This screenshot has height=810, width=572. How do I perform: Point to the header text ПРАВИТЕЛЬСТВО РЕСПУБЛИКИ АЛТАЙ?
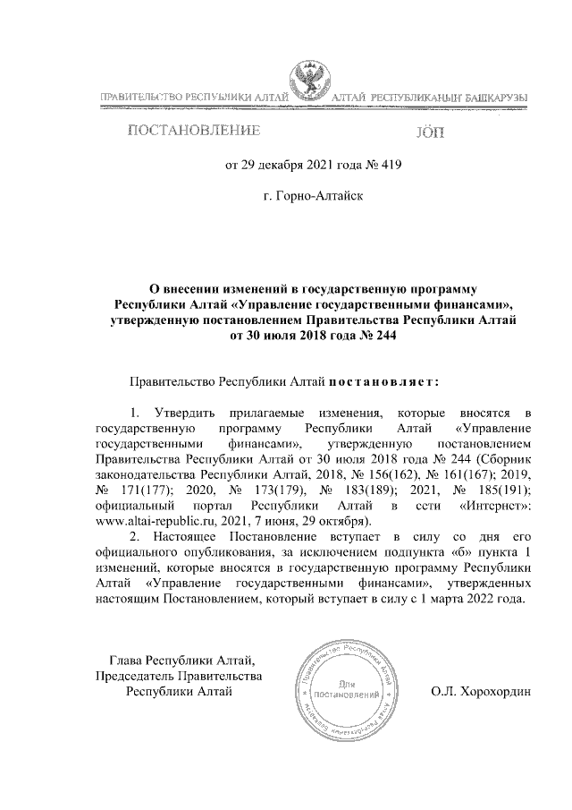click(x=192, y=96)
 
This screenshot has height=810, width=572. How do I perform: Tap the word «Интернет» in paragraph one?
click(x=495, y=505)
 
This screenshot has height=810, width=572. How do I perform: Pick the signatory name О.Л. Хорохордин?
click(x=480, y=692)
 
